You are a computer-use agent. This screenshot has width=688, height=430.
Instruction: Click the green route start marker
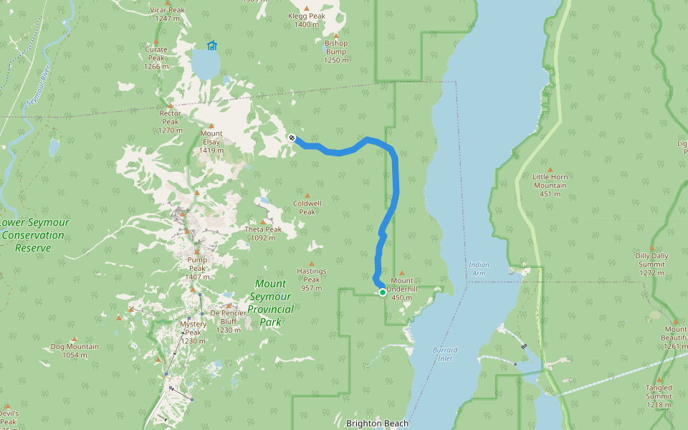[383, 292]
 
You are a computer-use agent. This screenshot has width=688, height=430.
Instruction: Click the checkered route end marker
[292, 138]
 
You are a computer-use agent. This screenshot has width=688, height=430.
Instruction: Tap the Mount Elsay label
[211, 142]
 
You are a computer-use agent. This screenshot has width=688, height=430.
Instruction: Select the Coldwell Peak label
[307, 207]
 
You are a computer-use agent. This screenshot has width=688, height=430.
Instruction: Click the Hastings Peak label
[312, 279]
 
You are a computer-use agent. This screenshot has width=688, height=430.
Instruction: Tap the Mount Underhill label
[401, 289]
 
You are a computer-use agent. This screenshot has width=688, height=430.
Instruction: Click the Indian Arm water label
[479, 269]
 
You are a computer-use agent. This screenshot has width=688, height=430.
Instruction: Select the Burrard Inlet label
[445, 354]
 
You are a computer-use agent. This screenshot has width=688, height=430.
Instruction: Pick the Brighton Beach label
[377, 424]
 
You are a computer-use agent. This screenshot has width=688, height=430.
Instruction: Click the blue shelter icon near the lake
[211, 46]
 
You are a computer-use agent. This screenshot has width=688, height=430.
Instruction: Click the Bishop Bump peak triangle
[336, 34]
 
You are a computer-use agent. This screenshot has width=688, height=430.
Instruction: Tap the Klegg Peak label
[307, 20]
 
